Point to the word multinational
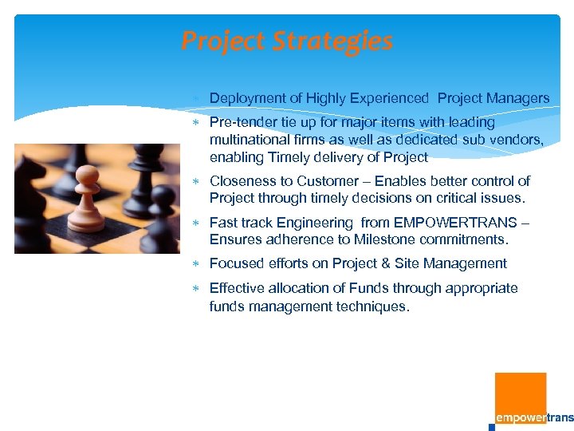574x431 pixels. pos(249,140)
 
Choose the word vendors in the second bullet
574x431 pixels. pos(519,140)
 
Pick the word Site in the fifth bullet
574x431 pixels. pos(407,263)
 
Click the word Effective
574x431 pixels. pos(237,288)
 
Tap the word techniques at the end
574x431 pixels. pos(375,306)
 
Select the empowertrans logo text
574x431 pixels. pos(533,418)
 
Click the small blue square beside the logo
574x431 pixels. pos(491,427)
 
